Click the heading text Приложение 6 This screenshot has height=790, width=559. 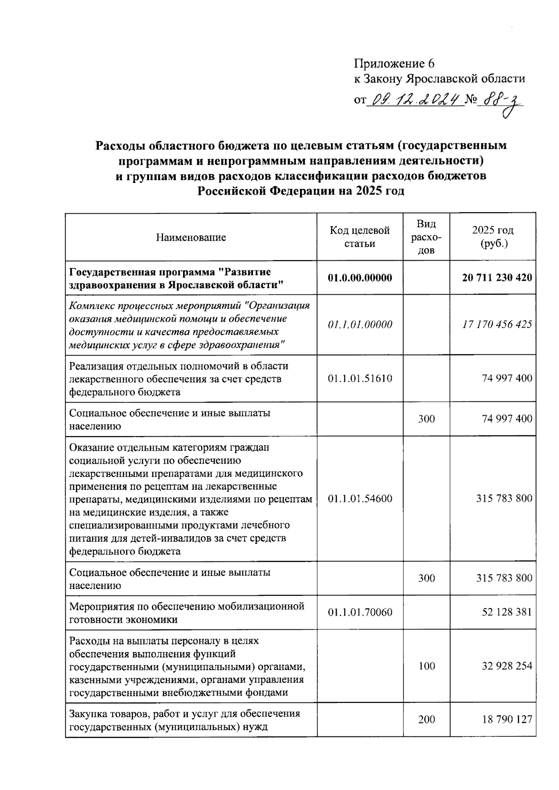[x=394, y=64]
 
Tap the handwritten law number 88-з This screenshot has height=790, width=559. [x=501, y=101]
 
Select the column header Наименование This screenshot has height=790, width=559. [x=191, y=237]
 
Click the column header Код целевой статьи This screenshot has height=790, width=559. [x=360, y=237]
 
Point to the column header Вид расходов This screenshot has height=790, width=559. [x=426, y=237]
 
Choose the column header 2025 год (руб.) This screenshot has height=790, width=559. [x=492, y=237]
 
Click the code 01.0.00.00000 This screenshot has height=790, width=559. [x=360, y=278]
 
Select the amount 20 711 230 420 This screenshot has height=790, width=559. [x=497, y=278]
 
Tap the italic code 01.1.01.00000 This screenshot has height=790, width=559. [x=360, y=324]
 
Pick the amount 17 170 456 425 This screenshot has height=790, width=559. [x=497, y=324]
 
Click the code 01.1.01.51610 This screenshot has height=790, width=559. [x=360, y=378]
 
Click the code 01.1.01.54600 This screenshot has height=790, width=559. [x=360, y=499]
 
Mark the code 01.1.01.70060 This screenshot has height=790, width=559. [x=360, y=612]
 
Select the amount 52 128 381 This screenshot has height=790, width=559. [x=506, y=612]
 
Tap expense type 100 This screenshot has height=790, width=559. [x=426, y=666]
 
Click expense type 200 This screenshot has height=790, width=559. [x=426, y=720]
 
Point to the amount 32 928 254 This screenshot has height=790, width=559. [x=506, y=666]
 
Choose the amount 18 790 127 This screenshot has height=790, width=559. [x=506, y=720]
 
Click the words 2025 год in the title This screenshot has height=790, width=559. [x=379, y=191]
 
